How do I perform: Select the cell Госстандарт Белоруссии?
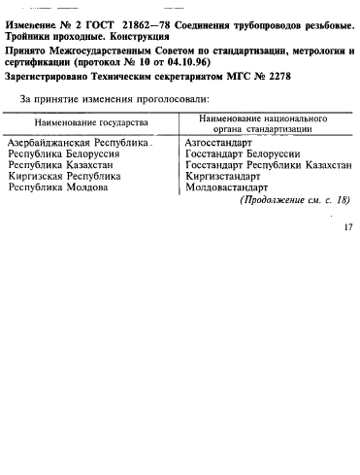(x=242, y=153)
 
